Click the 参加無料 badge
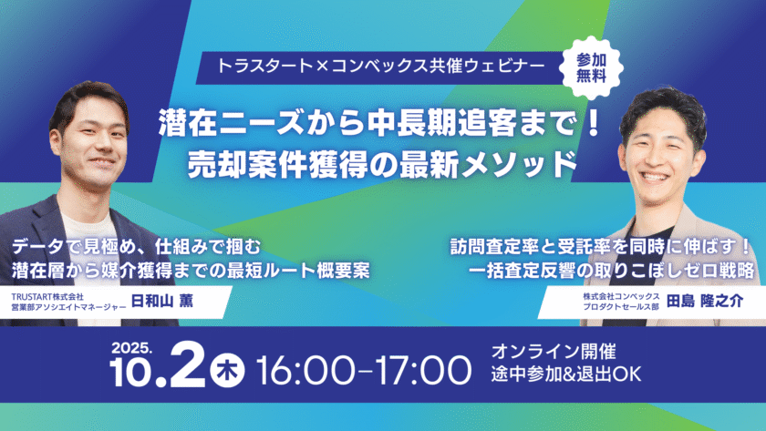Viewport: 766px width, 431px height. coord(591,67)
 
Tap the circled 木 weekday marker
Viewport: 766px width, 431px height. coord(228,371)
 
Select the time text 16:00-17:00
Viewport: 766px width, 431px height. coord(364,371)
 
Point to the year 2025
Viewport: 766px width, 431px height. coord(131,348)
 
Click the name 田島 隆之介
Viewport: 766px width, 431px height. coord(704,302)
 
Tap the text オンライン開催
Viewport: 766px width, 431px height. coord(554,351)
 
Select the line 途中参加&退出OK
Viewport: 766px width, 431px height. coord(566,374)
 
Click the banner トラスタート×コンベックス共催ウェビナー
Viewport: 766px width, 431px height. coord(380,67)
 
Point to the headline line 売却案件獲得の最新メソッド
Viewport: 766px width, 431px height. coord(383,165)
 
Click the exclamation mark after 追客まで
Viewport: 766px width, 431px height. coord(594,124)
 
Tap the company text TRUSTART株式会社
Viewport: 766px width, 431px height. coord(47,296)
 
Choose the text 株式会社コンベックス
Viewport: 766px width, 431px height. coord(621,296)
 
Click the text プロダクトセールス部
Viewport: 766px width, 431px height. coord(621,306)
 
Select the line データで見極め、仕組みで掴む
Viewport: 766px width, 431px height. coord(137,247)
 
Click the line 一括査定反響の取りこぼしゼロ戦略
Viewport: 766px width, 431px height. coord(611,271)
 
